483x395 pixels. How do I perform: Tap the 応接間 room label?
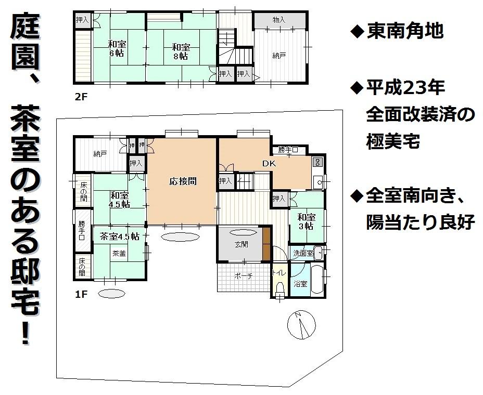182,181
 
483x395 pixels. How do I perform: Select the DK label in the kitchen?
269,163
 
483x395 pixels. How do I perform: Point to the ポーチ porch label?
243,276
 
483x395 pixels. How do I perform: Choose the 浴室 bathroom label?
300,284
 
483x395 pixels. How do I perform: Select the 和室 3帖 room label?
306,221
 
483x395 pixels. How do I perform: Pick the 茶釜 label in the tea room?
119,254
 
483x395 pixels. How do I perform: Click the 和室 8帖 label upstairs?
181,51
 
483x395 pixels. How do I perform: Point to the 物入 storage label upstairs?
279,20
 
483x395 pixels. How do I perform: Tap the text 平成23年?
405,87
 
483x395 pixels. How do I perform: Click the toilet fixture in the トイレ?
279,287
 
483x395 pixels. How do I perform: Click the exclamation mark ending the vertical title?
24,332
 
